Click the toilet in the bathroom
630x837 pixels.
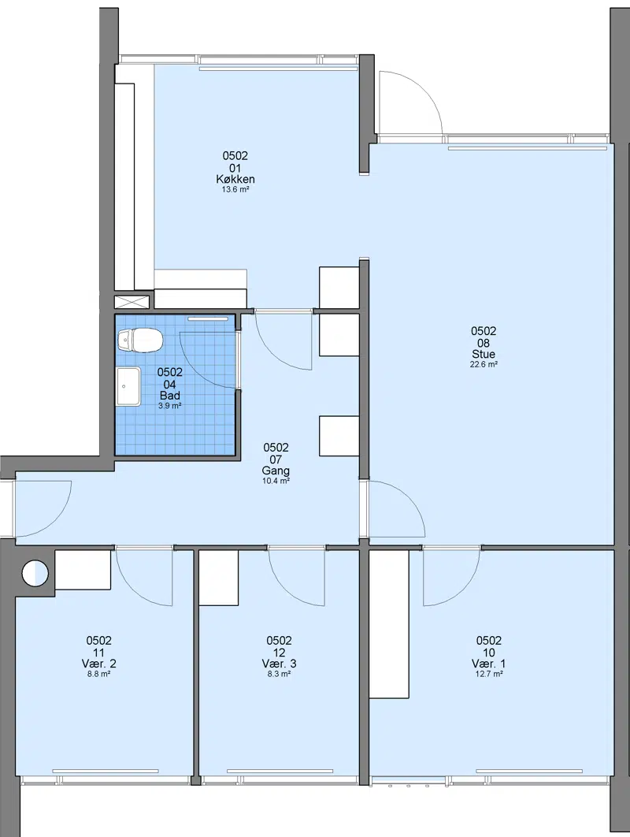coord(139,340)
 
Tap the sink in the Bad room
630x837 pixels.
coord(128,386)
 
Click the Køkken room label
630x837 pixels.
coord(235,179)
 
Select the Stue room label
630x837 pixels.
coord(484,354)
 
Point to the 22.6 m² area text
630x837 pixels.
coord(484,365)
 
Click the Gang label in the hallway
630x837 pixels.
coord(276,471)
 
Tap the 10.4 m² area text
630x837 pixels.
coord(276,481)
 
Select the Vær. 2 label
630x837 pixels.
coord(99,664)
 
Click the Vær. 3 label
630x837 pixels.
coord(279,664)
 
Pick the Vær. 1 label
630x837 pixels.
coord(488,664)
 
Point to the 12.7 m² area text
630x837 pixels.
coord(488,674)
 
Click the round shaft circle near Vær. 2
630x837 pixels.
coord(35,573)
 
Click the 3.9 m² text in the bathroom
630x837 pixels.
coord(169,406)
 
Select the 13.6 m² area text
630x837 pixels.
coord(235,189)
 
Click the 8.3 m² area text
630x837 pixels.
coord(279,674)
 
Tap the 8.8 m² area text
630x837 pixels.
coord(99,674)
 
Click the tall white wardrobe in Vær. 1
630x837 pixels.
coord(389,623)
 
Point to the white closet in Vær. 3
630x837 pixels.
coord(218,578)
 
